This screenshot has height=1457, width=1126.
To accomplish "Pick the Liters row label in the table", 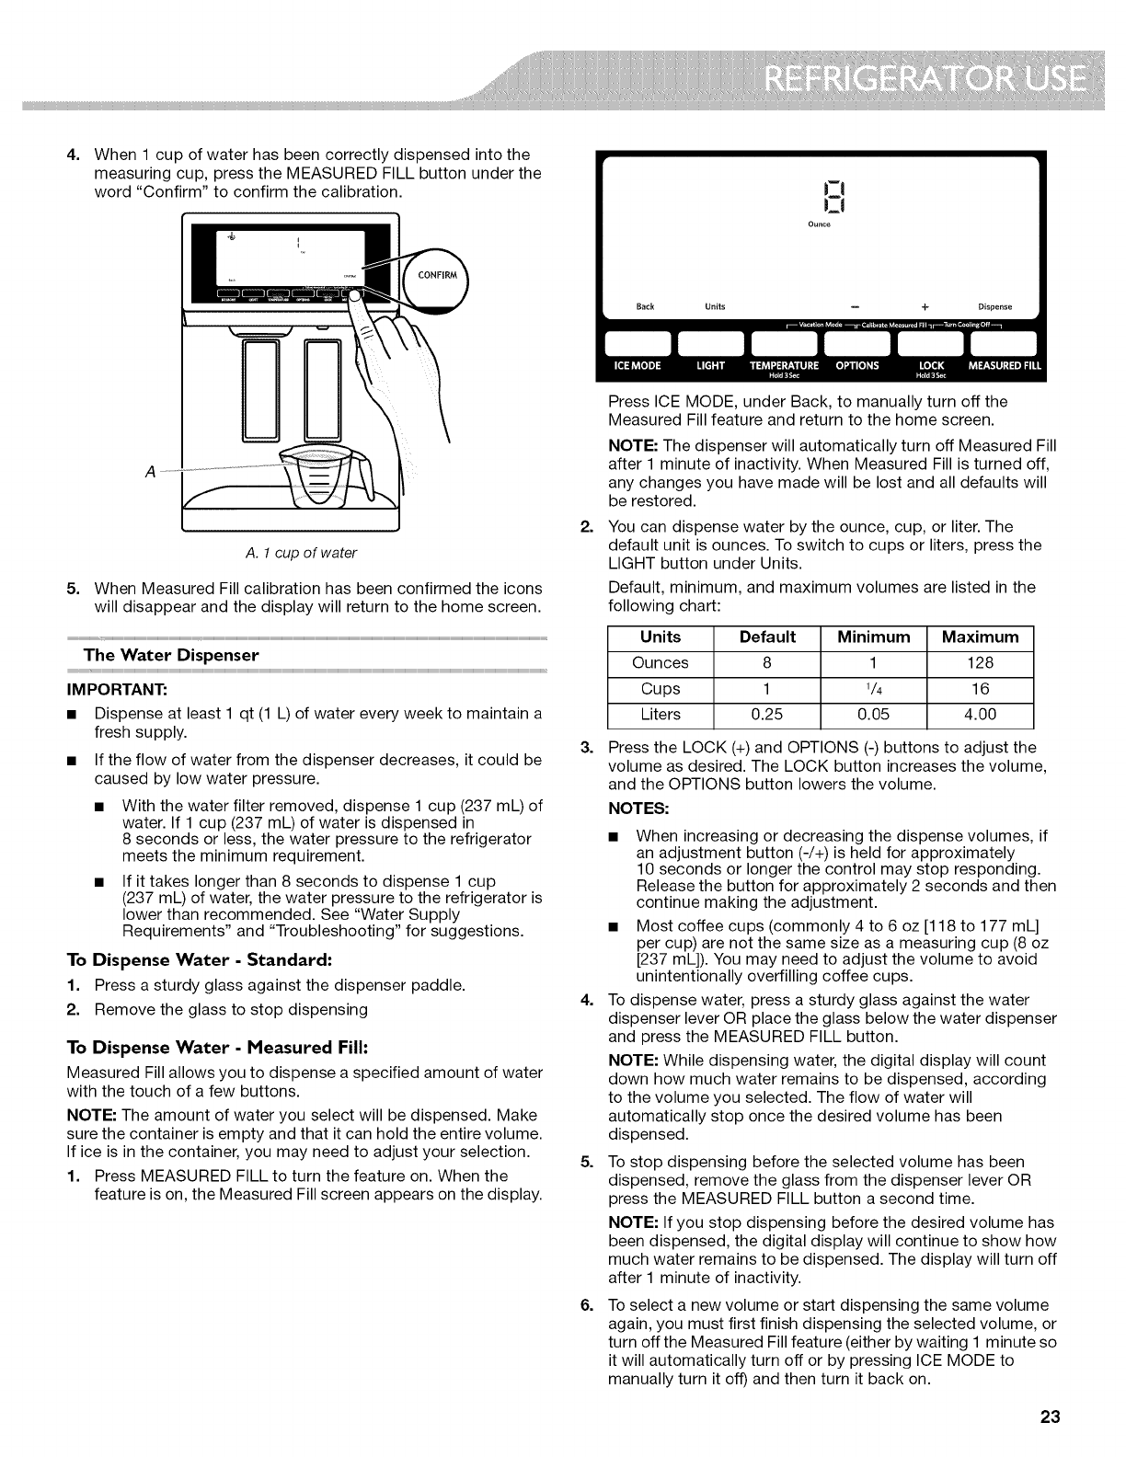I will pyautogui.click(x=661, y=714).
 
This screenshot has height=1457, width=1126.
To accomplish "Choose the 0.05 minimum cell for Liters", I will pyautogui.click(x=870, y=714).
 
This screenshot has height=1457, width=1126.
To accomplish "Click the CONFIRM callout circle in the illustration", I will pyautogui.click(x=434, y=273).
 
